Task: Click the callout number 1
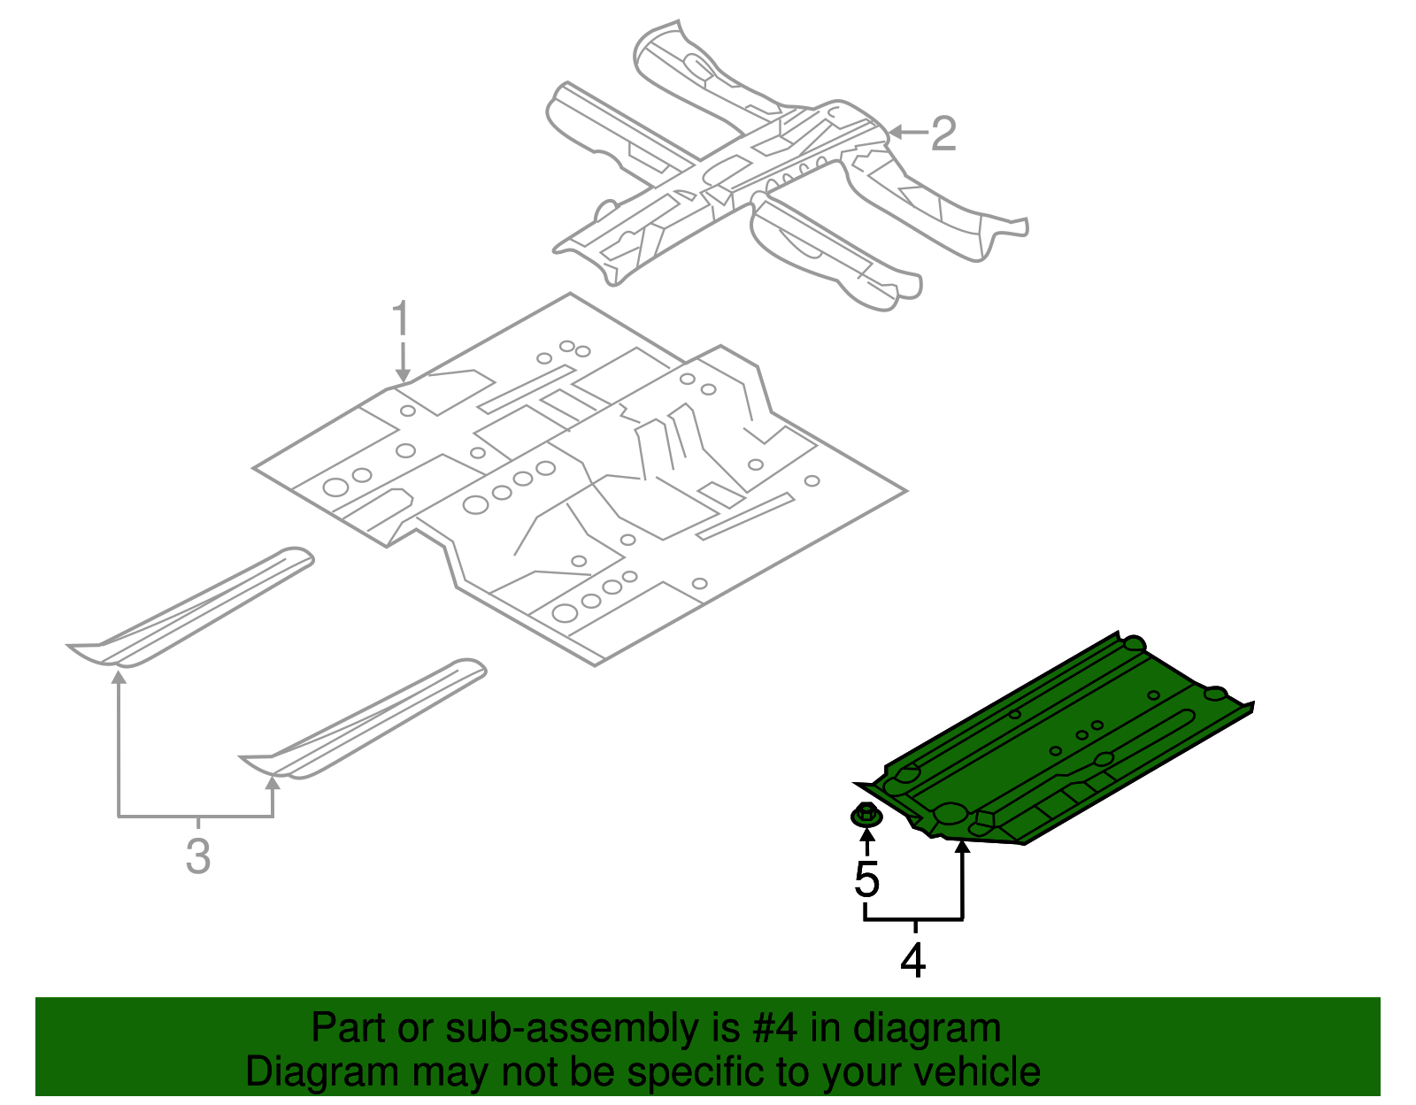(401, 318)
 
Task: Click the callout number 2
(944, 134)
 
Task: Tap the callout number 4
(913, 961)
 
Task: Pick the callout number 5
(867, 879)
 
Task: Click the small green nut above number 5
(866, 814)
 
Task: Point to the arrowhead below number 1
(403, 376)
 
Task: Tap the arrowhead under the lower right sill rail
(273, 782)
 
